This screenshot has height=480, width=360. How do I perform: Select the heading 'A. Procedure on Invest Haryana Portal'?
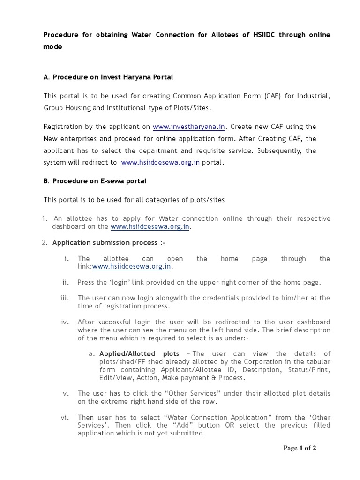point(108,76)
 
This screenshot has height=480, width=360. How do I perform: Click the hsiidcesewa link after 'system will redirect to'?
point(160,163)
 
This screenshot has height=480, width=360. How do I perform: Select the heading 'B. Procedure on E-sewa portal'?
point(95,181)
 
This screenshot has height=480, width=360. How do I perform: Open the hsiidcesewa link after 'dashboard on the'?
point(150,227)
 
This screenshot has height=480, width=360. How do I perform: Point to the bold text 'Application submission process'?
point(105,242)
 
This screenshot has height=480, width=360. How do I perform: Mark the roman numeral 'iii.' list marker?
point(65,298)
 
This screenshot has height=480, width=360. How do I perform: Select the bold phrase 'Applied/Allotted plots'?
point(139,353)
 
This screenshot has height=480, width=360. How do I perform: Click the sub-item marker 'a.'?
point(92,353)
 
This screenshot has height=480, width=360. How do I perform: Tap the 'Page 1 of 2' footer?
point(300,448)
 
